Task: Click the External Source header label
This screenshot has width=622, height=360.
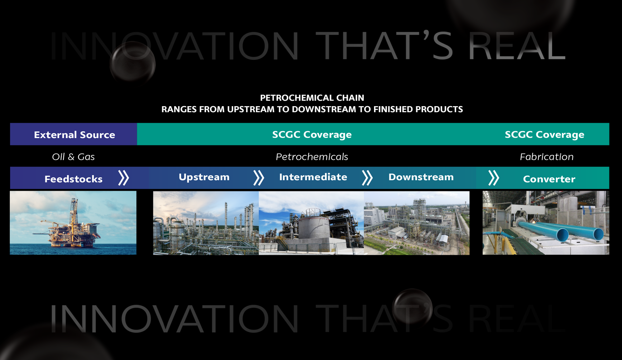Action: (75, 135)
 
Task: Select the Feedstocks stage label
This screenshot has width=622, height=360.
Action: (73, 179)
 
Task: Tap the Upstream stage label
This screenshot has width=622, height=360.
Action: (204, 177)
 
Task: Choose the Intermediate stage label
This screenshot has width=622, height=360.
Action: (313, 177)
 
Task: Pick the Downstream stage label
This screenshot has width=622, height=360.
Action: (421, 177)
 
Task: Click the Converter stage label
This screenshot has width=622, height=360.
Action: (549, 179)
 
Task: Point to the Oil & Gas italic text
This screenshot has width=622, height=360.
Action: (73, 157)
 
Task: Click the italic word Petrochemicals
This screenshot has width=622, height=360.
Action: (312, 157)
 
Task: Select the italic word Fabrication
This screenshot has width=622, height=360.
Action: (546, 157)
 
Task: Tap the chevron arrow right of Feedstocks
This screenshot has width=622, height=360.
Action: (124, 178)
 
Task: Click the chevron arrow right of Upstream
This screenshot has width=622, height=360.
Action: (259, 178)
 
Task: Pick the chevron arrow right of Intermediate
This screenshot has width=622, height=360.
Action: (367, 178)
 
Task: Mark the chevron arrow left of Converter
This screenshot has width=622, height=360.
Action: (494, 178)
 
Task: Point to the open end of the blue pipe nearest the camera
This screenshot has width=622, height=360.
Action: (563, 235)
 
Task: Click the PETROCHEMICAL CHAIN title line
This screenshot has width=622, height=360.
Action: (312, 98)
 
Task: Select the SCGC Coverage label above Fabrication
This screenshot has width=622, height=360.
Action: (545, 134)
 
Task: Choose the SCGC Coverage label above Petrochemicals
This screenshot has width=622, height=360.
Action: (312, 134)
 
